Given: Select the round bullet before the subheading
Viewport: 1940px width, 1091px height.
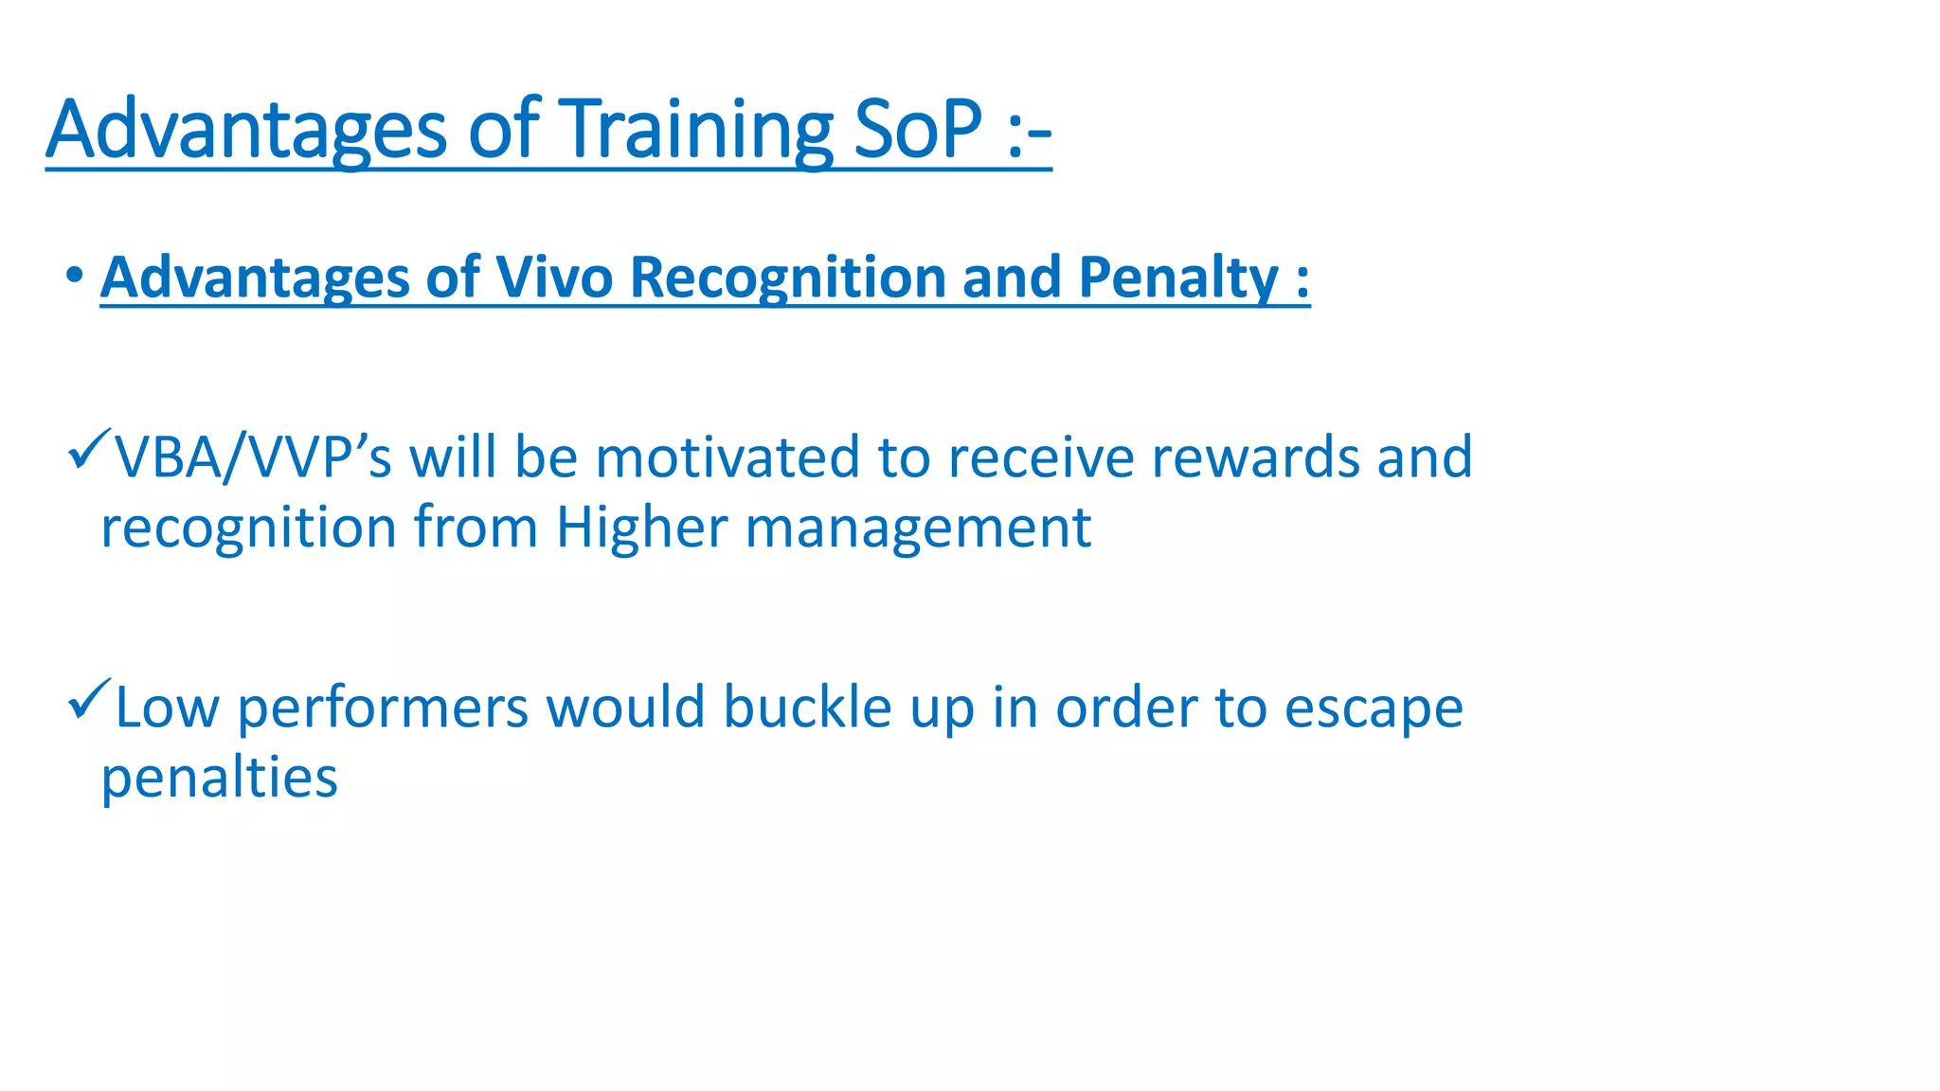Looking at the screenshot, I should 75,277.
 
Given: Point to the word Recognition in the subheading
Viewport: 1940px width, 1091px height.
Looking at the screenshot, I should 787,277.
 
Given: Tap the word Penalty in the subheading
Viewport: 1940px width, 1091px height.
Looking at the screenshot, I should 1178,277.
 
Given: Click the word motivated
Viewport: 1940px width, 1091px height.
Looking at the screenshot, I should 727,457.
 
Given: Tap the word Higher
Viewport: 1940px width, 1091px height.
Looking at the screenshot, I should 641,528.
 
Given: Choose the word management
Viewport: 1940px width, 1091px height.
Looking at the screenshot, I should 918,528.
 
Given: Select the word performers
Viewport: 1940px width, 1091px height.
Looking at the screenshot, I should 382,707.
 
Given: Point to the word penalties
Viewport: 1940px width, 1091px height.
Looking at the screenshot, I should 219,778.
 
